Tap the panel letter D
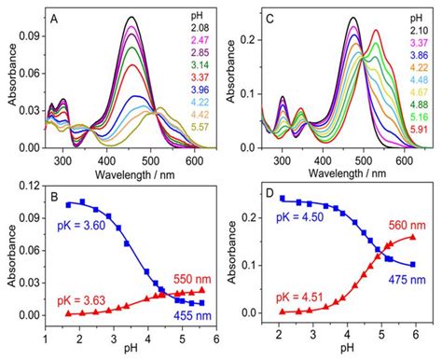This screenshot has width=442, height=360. pyautogui.click(x=276, y=199)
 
